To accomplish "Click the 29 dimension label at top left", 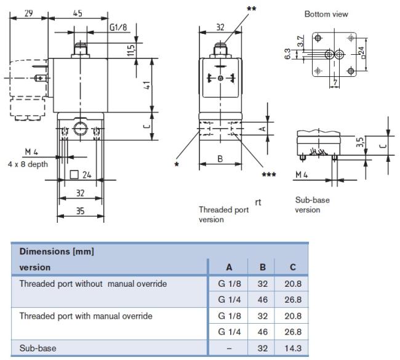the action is tap(28, 14).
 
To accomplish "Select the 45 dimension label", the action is tap(78, 14).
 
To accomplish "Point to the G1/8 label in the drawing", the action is tap(118, 27).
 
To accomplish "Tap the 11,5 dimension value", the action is tap(130, 50).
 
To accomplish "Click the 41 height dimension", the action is tap(147, 85).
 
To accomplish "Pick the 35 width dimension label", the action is tap(81, 211).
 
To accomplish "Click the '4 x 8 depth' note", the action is tap(28, 164).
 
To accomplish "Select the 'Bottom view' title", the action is tap(326, 14).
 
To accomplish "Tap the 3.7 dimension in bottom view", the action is tap(301, 41).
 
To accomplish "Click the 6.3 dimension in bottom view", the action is tap(287, 54).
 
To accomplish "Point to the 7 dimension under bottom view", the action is tap(335, 82).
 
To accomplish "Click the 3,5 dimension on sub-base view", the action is tap(360, 142).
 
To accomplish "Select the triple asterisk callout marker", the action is tap(269, 175).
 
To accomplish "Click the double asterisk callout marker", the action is tap(252, 9).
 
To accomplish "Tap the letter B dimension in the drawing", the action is tap(220, 159).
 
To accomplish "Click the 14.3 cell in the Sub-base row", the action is tap(293, 348).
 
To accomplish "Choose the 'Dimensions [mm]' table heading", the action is tap(57, 252).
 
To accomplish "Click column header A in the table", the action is tap(229, 268).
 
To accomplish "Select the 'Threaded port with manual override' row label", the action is tap(86, 316).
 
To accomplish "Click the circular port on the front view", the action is tap(81, 129).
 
